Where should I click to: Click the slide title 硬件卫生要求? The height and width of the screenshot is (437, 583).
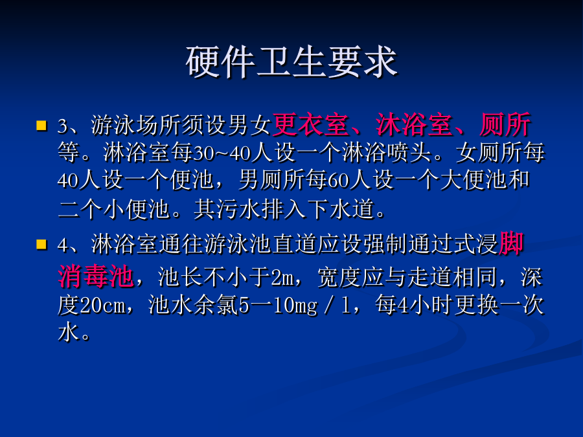292,62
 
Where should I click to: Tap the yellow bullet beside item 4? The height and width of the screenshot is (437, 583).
41,245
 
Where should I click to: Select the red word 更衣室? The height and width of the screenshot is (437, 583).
310,124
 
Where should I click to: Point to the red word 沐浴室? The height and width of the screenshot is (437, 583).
414,124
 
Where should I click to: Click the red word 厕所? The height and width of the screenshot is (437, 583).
505,124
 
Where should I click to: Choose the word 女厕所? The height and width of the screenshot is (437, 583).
489,153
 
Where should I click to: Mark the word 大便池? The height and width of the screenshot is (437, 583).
474,180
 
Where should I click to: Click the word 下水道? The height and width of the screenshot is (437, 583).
341,209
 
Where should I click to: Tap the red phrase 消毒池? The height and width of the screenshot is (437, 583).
96,276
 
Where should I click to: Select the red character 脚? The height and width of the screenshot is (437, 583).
511,244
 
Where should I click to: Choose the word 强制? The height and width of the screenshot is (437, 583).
386,244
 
